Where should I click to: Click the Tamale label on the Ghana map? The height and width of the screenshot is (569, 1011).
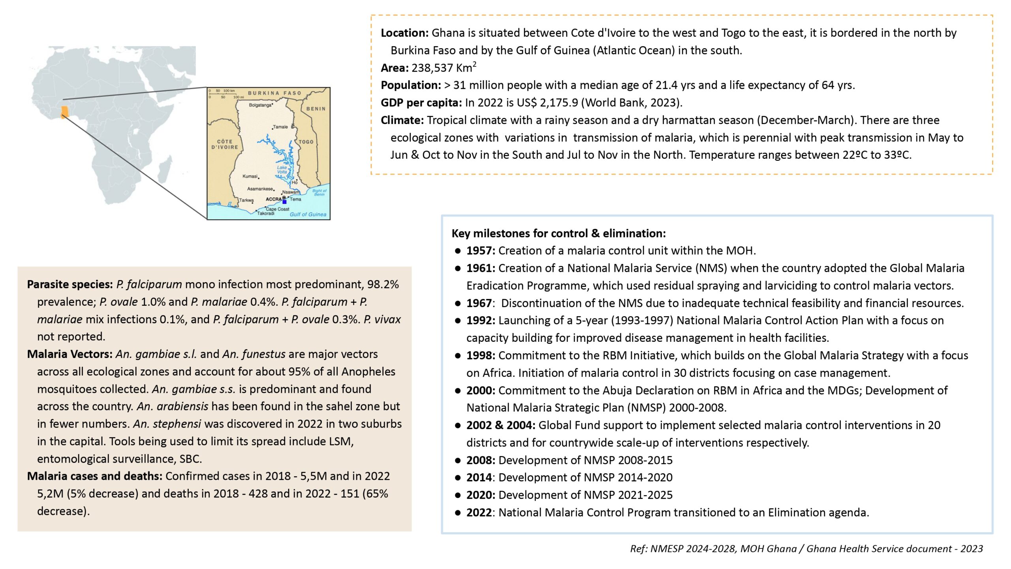(x=280, y=127)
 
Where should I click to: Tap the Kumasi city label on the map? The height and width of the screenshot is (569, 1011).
(x=250, y=176)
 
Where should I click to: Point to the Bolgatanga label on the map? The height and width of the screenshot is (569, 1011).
(x=260, y=105)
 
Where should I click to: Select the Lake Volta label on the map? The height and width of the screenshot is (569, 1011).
(x=282, y=170)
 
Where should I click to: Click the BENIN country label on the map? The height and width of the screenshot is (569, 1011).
(x=316, y=109)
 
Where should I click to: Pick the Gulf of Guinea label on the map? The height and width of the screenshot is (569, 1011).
(x=308, y=215)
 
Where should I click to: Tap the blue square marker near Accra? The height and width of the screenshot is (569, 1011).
(x=284, y=202)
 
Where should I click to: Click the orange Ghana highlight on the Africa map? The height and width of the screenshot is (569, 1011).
(x=64, y=112)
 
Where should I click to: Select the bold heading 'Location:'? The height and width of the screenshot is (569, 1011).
(x=404, y=33)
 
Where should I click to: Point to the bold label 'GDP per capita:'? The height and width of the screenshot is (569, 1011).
(x=421, y=103)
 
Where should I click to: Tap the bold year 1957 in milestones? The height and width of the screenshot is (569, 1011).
(x=480, y=251)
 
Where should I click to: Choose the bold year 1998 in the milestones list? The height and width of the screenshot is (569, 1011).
(x=480, y=355)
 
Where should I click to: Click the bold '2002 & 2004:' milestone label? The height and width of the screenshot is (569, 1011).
(x=500, y=425)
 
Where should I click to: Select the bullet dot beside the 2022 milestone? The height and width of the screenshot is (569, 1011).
(x=458, y=513)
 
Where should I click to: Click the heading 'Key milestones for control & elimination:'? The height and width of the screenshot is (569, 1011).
(x=558, y=233)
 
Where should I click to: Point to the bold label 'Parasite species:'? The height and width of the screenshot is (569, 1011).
(x=70, y=284)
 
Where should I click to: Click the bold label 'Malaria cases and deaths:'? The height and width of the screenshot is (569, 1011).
(x=94, y=476)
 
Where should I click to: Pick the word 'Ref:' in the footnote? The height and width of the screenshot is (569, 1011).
(x=639, y=549)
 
